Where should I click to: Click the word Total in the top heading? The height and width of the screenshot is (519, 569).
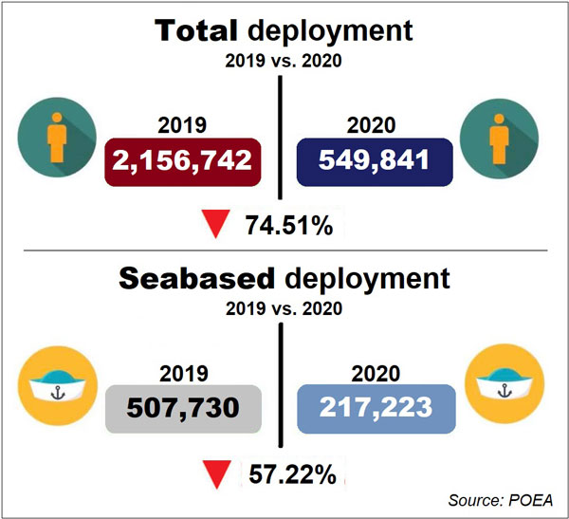click(x=198, y=31)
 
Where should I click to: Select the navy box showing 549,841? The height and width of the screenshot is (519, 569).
click(x=376, y=159)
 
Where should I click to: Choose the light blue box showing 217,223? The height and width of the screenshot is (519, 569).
click(x=376, y=408)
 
